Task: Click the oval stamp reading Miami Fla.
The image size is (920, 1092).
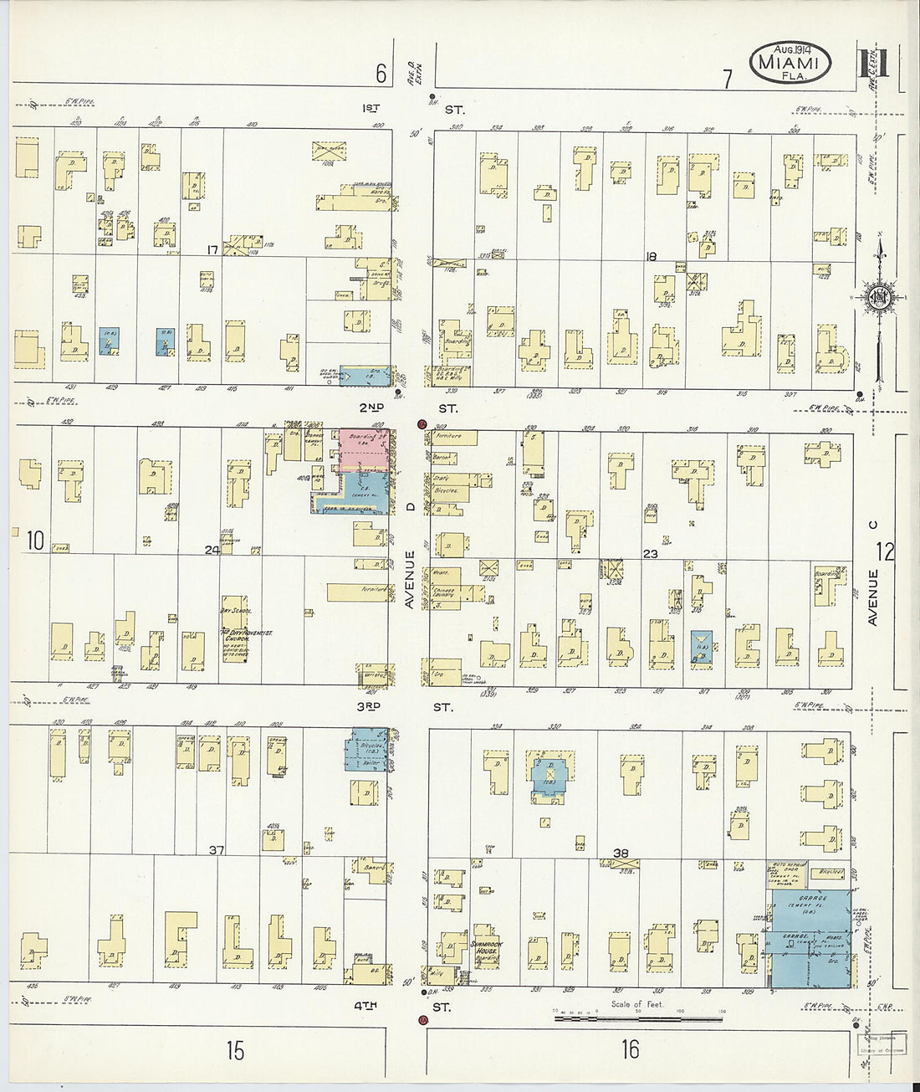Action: click(x=790, y=63)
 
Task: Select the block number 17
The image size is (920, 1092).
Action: click(x=213, y=249)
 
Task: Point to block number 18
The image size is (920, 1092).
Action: click(x=652, y=257)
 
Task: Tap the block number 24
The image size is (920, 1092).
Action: click(x=212, y=550)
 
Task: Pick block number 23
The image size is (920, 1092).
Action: click(x=651, y=554)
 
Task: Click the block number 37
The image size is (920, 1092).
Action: click(x=217, y=850)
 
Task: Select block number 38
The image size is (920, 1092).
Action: click(x=621, y=854)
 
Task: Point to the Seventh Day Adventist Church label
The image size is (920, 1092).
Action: click(x=234, y=633)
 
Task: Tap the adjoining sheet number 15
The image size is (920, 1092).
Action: click(x=235, y=1049)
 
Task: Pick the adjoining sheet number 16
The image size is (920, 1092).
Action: click(x=630, y=1049)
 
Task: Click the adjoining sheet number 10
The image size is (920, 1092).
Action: click(x=33, y=541)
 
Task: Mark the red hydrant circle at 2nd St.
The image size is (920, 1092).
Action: click(x=422, y=424)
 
